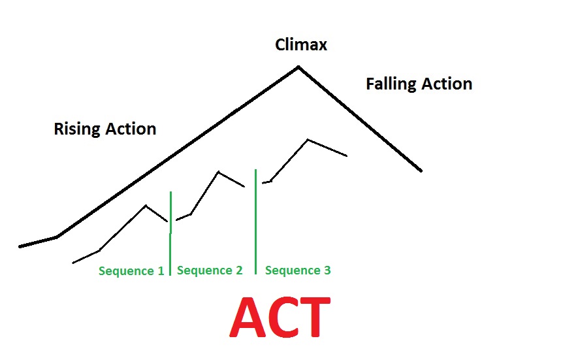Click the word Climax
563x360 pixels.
tap(300, 45)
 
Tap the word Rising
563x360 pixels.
tap(74, 129)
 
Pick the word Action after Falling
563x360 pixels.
tap(445, 84)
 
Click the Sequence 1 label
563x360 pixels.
tap(131, 270)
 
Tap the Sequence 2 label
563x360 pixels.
tap(210, 270)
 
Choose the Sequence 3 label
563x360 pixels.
tap(298, 270)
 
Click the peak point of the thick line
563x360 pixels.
tap(298, 67)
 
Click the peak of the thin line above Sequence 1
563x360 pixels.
tap(146, 206)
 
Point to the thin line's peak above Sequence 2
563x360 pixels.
tap(218, 172)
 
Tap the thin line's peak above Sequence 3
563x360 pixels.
tap(308, 139)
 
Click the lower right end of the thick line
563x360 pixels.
tap(421, 171)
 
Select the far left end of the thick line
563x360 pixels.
tap(20, 246)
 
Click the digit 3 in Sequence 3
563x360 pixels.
tap(327, 270)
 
